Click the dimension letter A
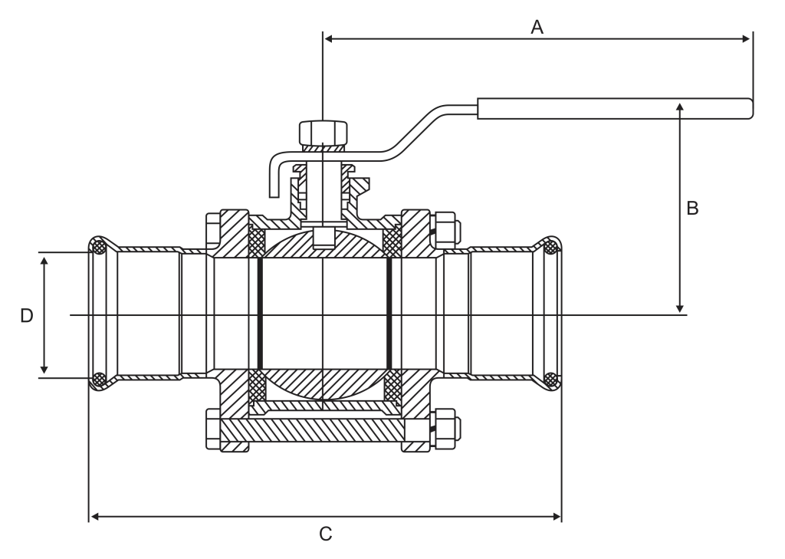click(x=537, y=27)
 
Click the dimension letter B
click(x=692, y=208)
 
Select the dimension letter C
click(x=325, y=534)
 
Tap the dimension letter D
click(x=27, y=316)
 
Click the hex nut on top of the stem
click(x=324, y=133)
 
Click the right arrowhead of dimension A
click(x=747, y=38)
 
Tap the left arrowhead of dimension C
click(x=94, y=516)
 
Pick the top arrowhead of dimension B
click(x=679, y=107)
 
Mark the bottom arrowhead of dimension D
click(x=44, y=369)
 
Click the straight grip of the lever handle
click(x=615, y=109)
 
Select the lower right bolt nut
click(x=445, y=429)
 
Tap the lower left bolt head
click(x=213, y=429)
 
